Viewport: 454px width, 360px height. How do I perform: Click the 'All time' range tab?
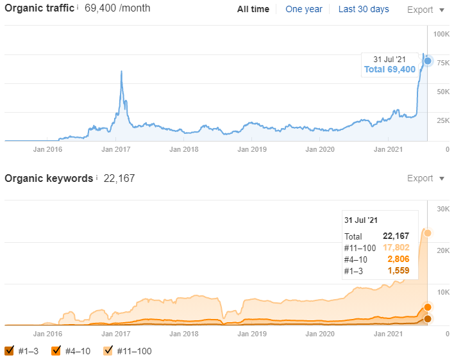tap(253, 10)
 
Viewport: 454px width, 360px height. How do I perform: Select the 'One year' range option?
tap(303, 10)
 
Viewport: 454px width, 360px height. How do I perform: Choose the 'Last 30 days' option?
tap(364, 10)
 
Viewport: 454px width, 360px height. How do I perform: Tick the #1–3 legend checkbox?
tap(10, 350)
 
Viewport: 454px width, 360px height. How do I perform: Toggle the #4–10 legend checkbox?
tap(56, 350)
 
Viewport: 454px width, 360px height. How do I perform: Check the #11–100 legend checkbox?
tap(108, 350)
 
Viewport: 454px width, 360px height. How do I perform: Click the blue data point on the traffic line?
tap(428, 61)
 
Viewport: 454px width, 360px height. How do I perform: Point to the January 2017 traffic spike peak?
tap(121, 71)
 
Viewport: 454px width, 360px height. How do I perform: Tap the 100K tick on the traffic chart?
tap(441, 33)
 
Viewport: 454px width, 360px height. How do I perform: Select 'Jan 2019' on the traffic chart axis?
tap(252, 149)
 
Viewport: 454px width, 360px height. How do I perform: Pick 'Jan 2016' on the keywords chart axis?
tap(47, 334)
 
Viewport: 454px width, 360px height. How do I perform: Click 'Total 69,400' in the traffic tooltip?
tap(389, 69)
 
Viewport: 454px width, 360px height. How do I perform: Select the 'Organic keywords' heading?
tap(49, 179)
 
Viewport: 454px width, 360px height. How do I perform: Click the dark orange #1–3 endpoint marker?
tap(428, 318)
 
